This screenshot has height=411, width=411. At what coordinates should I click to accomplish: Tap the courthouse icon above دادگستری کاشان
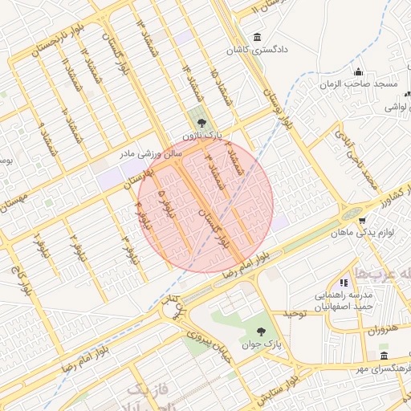[256, 37]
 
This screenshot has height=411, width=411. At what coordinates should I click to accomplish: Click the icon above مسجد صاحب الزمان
[359, 72]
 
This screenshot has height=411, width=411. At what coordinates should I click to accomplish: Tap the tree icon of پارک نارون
[201, 123]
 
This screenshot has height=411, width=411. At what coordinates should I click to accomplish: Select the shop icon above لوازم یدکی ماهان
[363, 220]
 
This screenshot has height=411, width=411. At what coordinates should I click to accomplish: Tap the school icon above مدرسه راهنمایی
[344, 283]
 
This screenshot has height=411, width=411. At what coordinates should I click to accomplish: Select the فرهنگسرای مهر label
[384, 368]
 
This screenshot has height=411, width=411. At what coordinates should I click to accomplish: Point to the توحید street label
[294, 313]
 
